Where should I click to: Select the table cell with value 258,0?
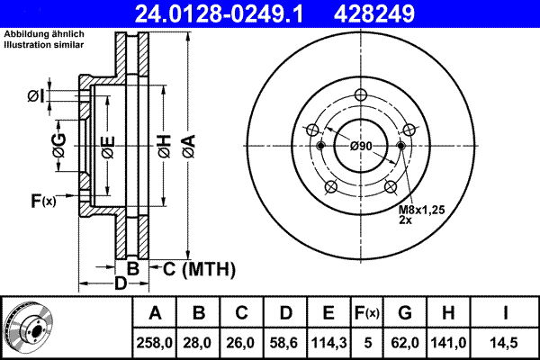tap(155, 343)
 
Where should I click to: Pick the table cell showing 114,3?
tap(328, 343)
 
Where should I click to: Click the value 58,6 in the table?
tap(285, 343)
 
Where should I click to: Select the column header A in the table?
tap(155, 314)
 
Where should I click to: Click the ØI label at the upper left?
tap(35, 95)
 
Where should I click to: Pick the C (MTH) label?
tap(198, 268)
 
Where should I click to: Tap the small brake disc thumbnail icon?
tap(27, 328)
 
